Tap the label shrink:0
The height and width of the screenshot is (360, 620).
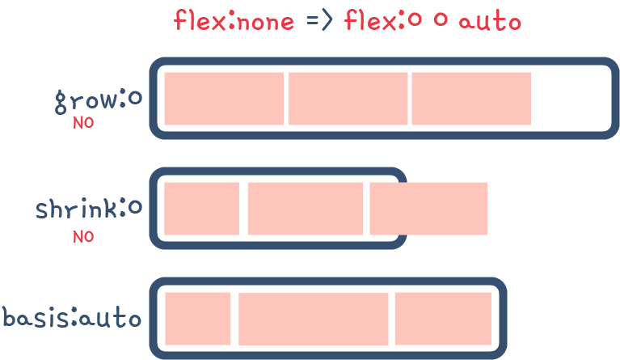coord(88,210)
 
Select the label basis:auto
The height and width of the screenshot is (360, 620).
coord(72,316)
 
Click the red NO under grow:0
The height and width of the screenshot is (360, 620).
coord(83,123)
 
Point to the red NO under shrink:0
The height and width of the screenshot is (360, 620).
coord(83,236)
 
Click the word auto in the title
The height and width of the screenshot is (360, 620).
coord(489,20)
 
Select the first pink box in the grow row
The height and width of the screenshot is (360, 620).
coord(224,99)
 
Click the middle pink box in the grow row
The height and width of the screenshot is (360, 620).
coord(348,99)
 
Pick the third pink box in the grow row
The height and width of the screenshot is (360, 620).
coord(470,99)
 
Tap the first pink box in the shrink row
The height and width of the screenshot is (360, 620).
coord(202,209)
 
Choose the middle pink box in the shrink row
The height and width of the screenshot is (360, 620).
coord(305,209)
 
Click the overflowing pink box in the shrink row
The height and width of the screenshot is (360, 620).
coord(428,209)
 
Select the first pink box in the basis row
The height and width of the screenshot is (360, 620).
coord(198,317)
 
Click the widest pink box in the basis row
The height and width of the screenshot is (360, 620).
coord(313,317)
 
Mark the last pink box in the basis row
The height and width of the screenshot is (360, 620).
coord(443,317)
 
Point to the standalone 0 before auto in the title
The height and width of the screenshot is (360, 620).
coord(441,21)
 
